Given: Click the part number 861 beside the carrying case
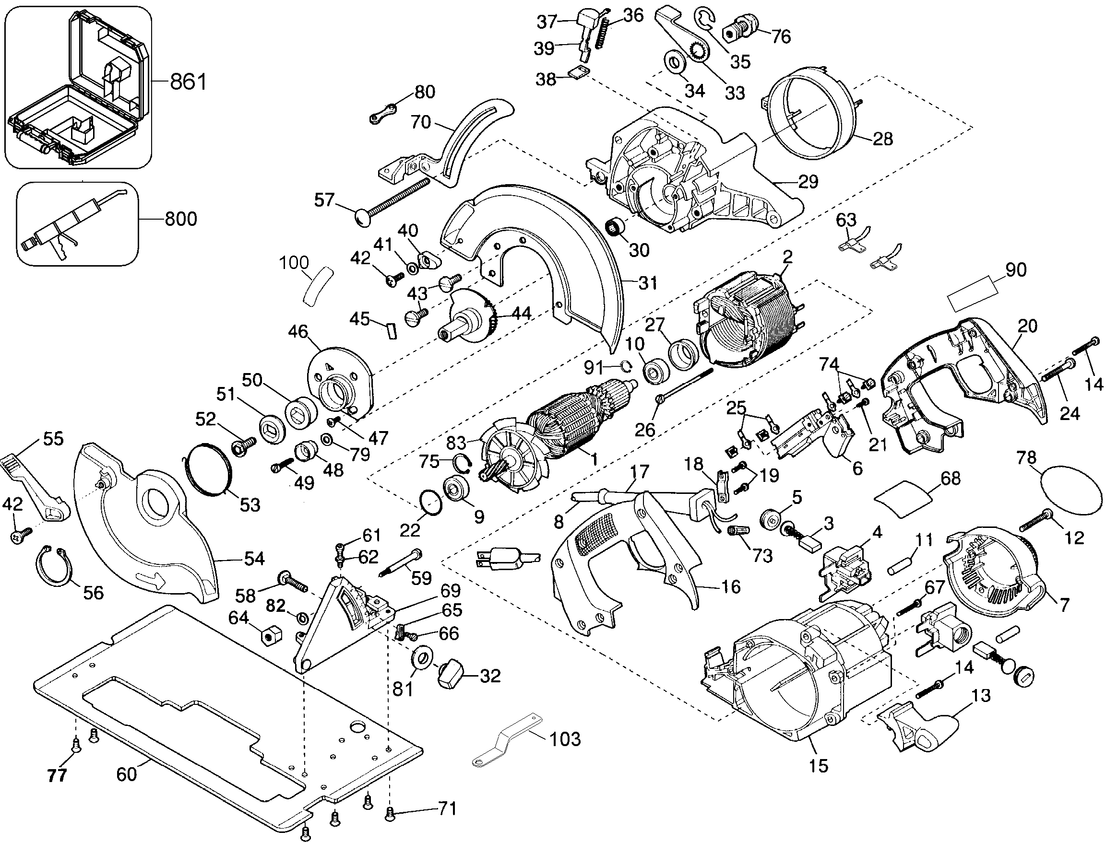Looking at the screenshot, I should pos(188,81).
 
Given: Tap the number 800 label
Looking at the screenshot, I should pos(180,219).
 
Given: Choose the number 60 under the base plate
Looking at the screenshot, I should pos(126,774).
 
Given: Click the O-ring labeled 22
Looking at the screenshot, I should pos(431,502).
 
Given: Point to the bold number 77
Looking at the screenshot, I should pos(57,776).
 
